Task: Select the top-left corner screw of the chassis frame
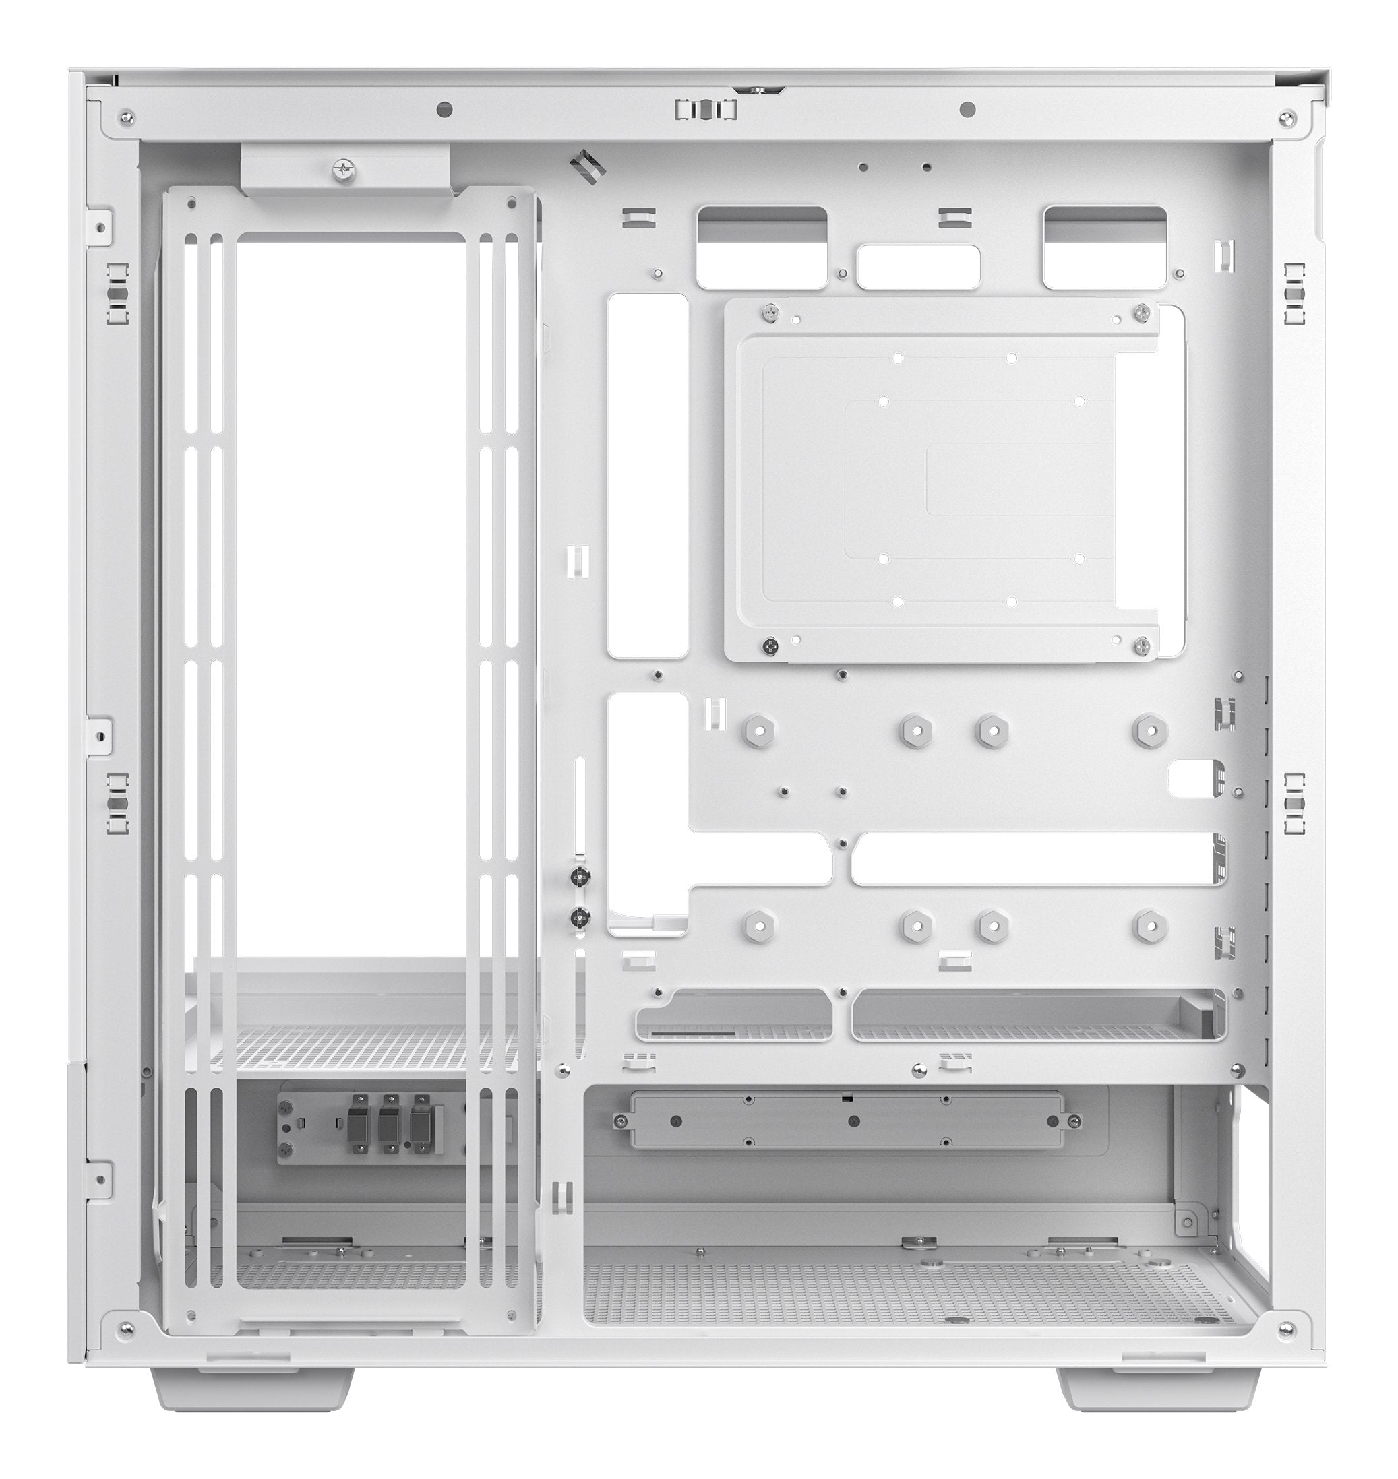point(127,118)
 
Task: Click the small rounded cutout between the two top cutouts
point(918,267)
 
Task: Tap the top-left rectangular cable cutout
point(762,247)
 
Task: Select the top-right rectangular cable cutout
point(1104,247)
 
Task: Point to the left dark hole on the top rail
point(445,111)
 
